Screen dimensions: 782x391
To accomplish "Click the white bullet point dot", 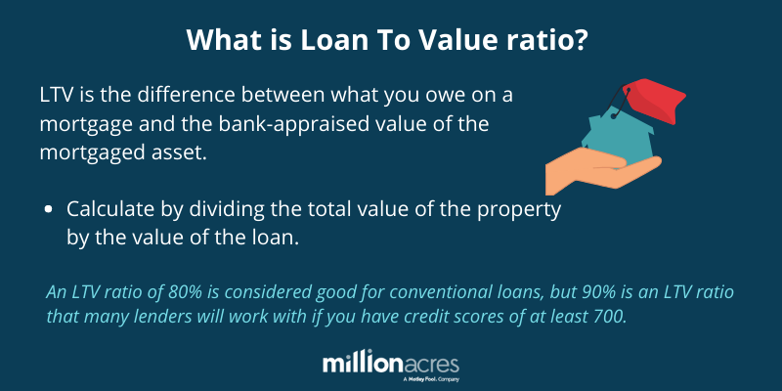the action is [x=48, y=210].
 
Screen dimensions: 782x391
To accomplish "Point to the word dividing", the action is [x=218, y=210].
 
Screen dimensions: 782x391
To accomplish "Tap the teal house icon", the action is [x=618, y=139].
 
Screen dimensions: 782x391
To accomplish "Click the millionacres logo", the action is [x=390, y=367].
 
